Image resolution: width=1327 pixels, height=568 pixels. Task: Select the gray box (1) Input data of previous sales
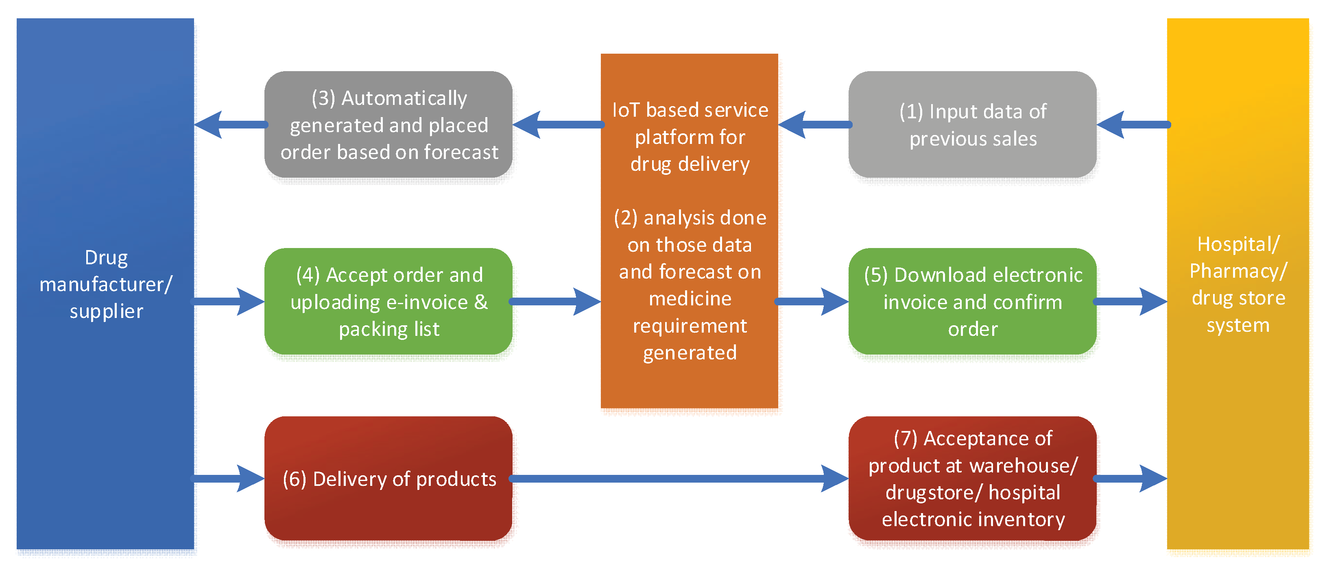click(972, 125)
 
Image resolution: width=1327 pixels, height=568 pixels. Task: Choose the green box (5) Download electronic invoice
click(972, 301)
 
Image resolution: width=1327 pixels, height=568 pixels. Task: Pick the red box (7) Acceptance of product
click(972, 479)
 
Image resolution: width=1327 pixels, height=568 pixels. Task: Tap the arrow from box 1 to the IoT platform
click(814, 125)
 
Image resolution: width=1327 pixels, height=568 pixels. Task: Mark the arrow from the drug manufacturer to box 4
click(229, 301)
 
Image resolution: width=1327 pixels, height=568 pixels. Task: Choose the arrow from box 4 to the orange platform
click(557, 301)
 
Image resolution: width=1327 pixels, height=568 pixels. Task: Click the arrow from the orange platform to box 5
click(813, 301)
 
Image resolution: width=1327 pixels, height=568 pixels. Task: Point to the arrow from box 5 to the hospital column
click(1131, 301)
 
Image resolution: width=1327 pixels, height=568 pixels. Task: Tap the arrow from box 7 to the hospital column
click(1131, 479)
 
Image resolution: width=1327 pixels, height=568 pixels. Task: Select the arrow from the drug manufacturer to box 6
click(229, 479)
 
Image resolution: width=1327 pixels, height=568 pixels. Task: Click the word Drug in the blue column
click(106, 257)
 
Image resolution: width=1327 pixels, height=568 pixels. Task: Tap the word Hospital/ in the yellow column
click(1238, 244)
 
